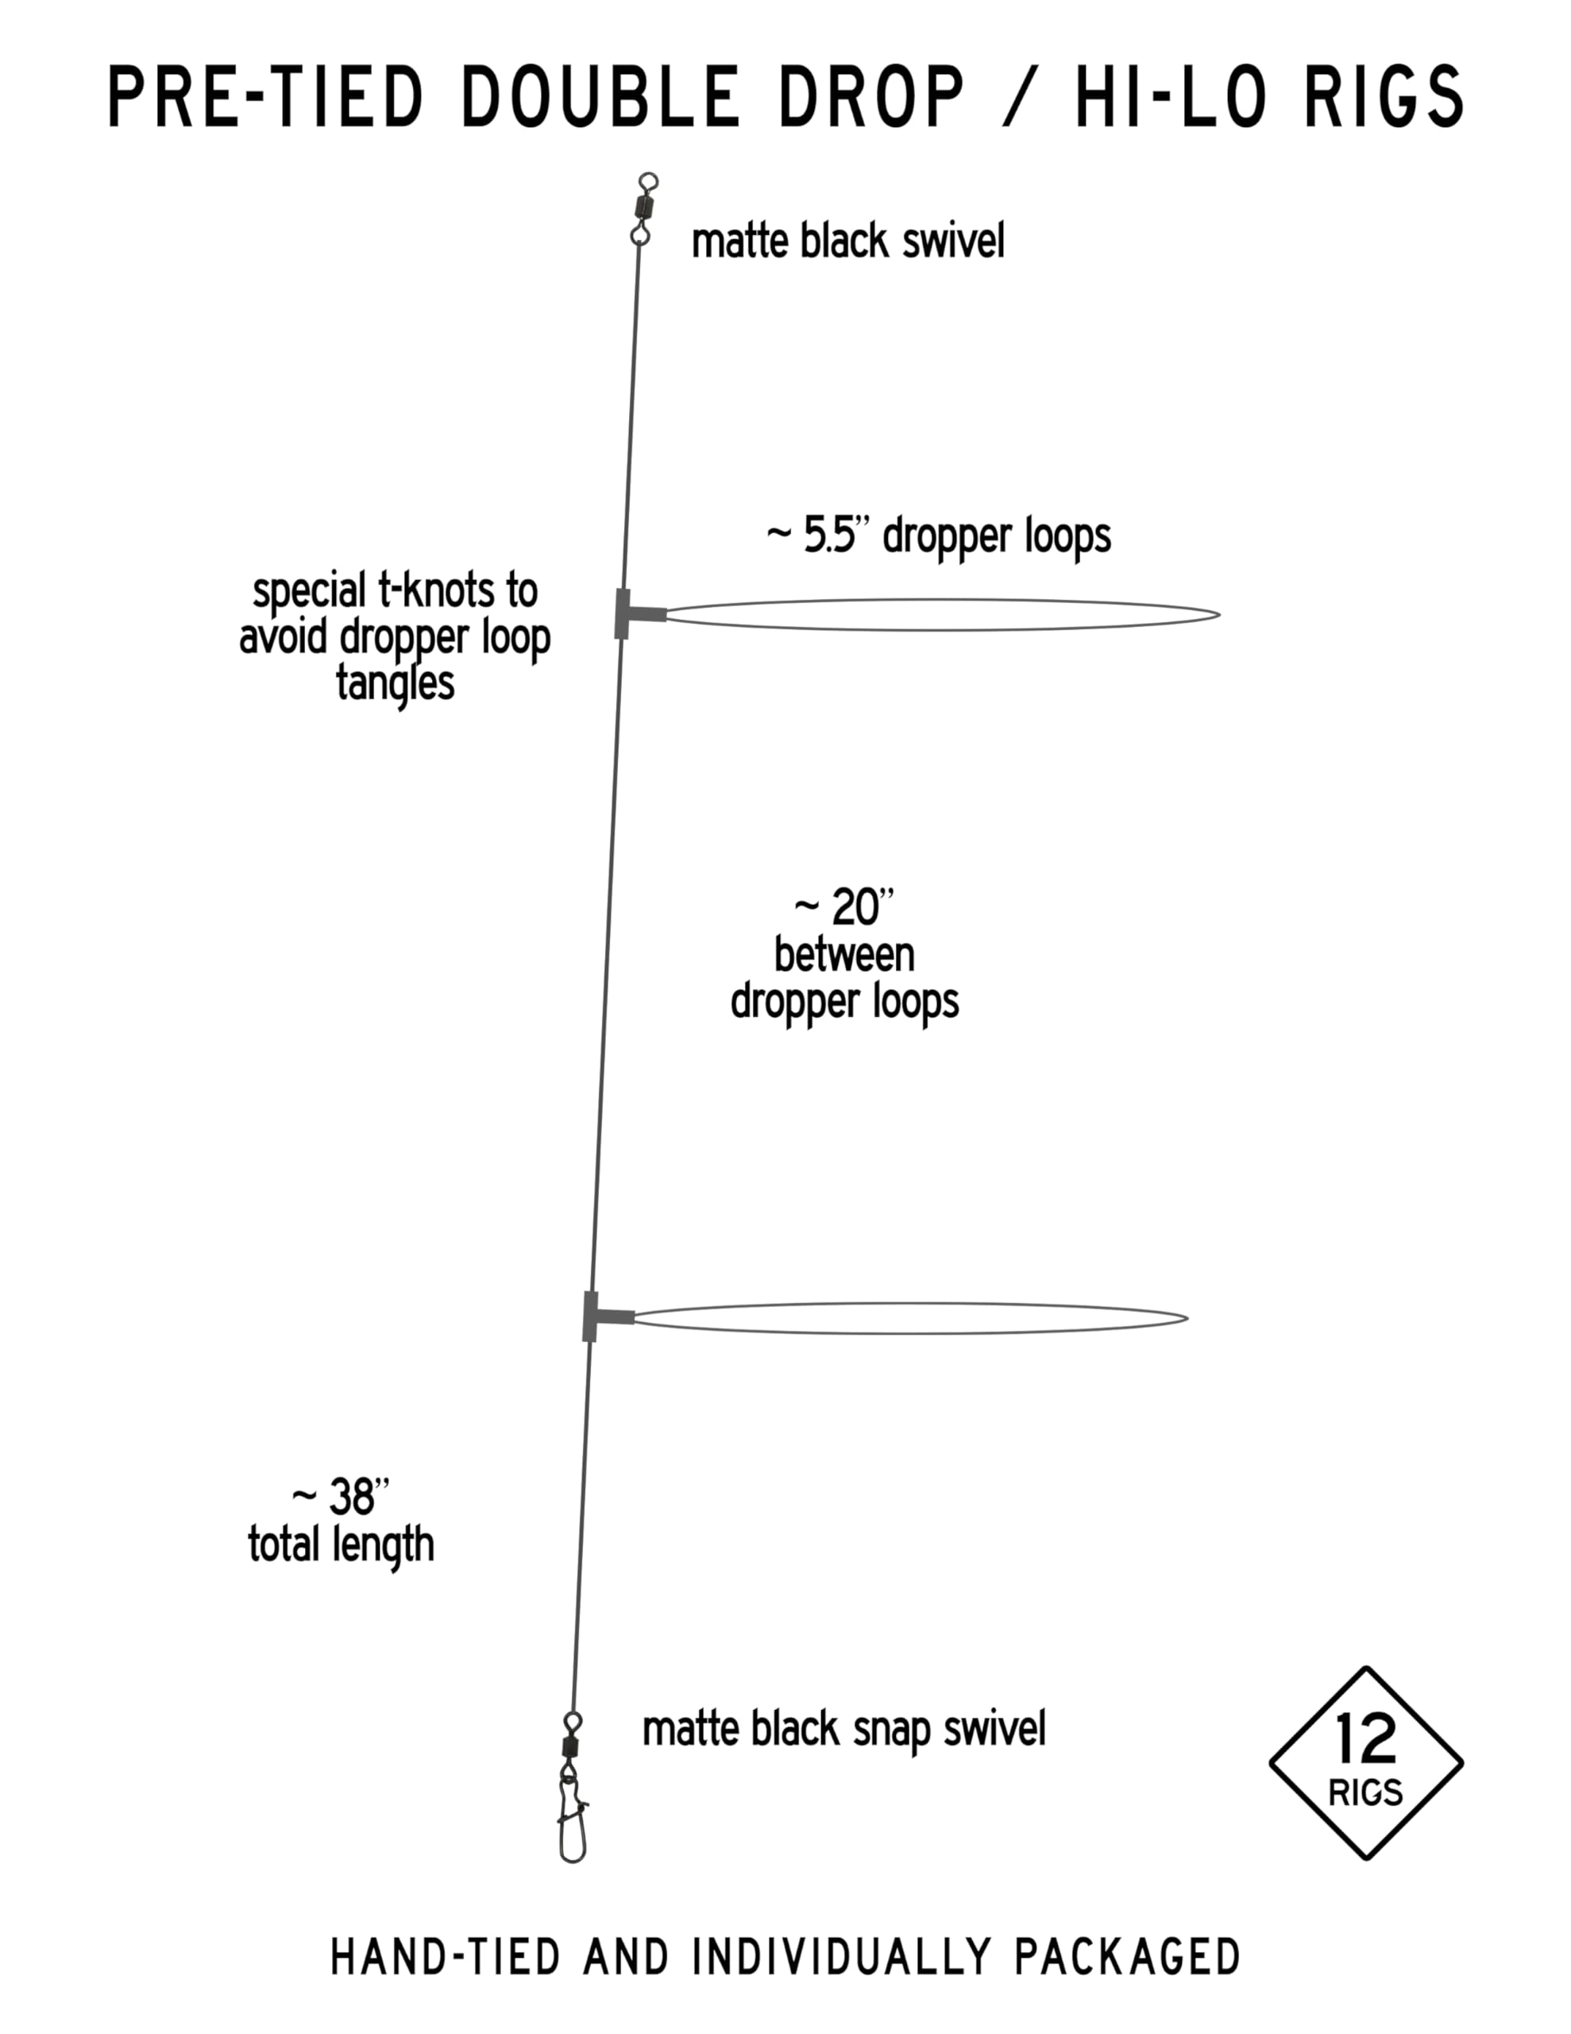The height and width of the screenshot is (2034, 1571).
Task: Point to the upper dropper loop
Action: click(943, 600)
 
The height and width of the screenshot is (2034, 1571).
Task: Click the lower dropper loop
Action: click(911, 1303)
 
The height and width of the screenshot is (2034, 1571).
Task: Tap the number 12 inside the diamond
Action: click(1365, 1738)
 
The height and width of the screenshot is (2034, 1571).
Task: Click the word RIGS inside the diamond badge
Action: click(1365, 1792)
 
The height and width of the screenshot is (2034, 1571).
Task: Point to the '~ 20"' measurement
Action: click(843, 907)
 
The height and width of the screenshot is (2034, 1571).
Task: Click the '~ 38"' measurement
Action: click(340, 1497)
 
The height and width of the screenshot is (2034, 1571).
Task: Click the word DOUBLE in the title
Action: click(600, 97)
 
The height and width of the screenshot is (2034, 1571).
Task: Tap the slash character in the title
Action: click(1020, 97)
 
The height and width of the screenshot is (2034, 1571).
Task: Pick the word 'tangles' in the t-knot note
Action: click(395, 685)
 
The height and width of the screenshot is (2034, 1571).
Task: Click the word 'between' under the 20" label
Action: click(843, 957)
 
